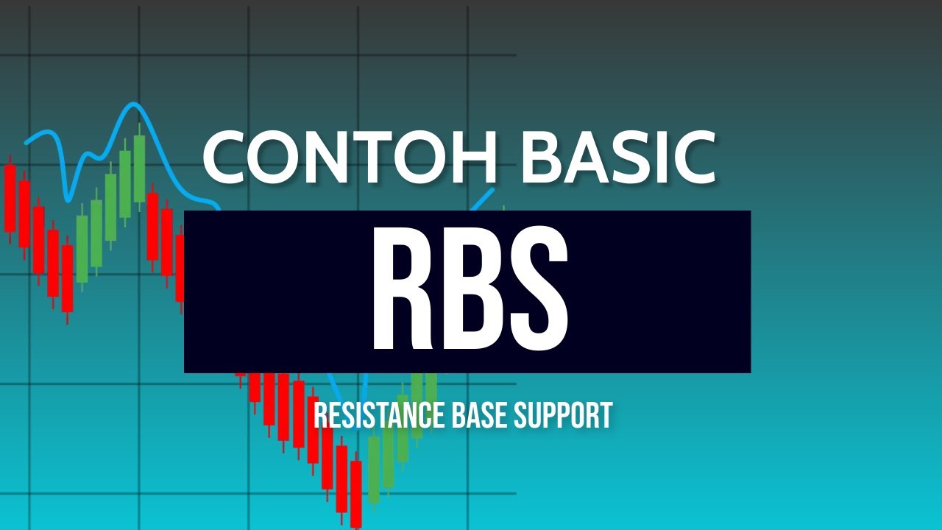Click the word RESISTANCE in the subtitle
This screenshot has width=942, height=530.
[x=373, y=416]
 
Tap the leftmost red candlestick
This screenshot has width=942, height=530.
[x=10, y=197]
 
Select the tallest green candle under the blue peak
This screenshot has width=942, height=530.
[x=139, y=169]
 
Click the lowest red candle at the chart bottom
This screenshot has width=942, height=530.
[x=356, y=493]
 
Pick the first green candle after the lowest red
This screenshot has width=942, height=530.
[x=374, y=470]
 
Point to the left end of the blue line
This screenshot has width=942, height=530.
[x=26, y=141]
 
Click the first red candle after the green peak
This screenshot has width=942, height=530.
[x=152, y=226]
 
